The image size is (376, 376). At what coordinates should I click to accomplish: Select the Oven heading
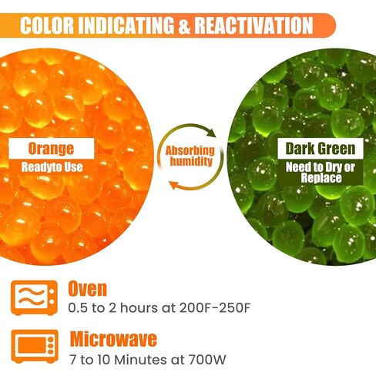click(88, 290)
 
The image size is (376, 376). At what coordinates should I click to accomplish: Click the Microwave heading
click(113, 338)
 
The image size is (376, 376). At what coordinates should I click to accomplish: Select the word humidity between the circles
click(190, 163)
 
